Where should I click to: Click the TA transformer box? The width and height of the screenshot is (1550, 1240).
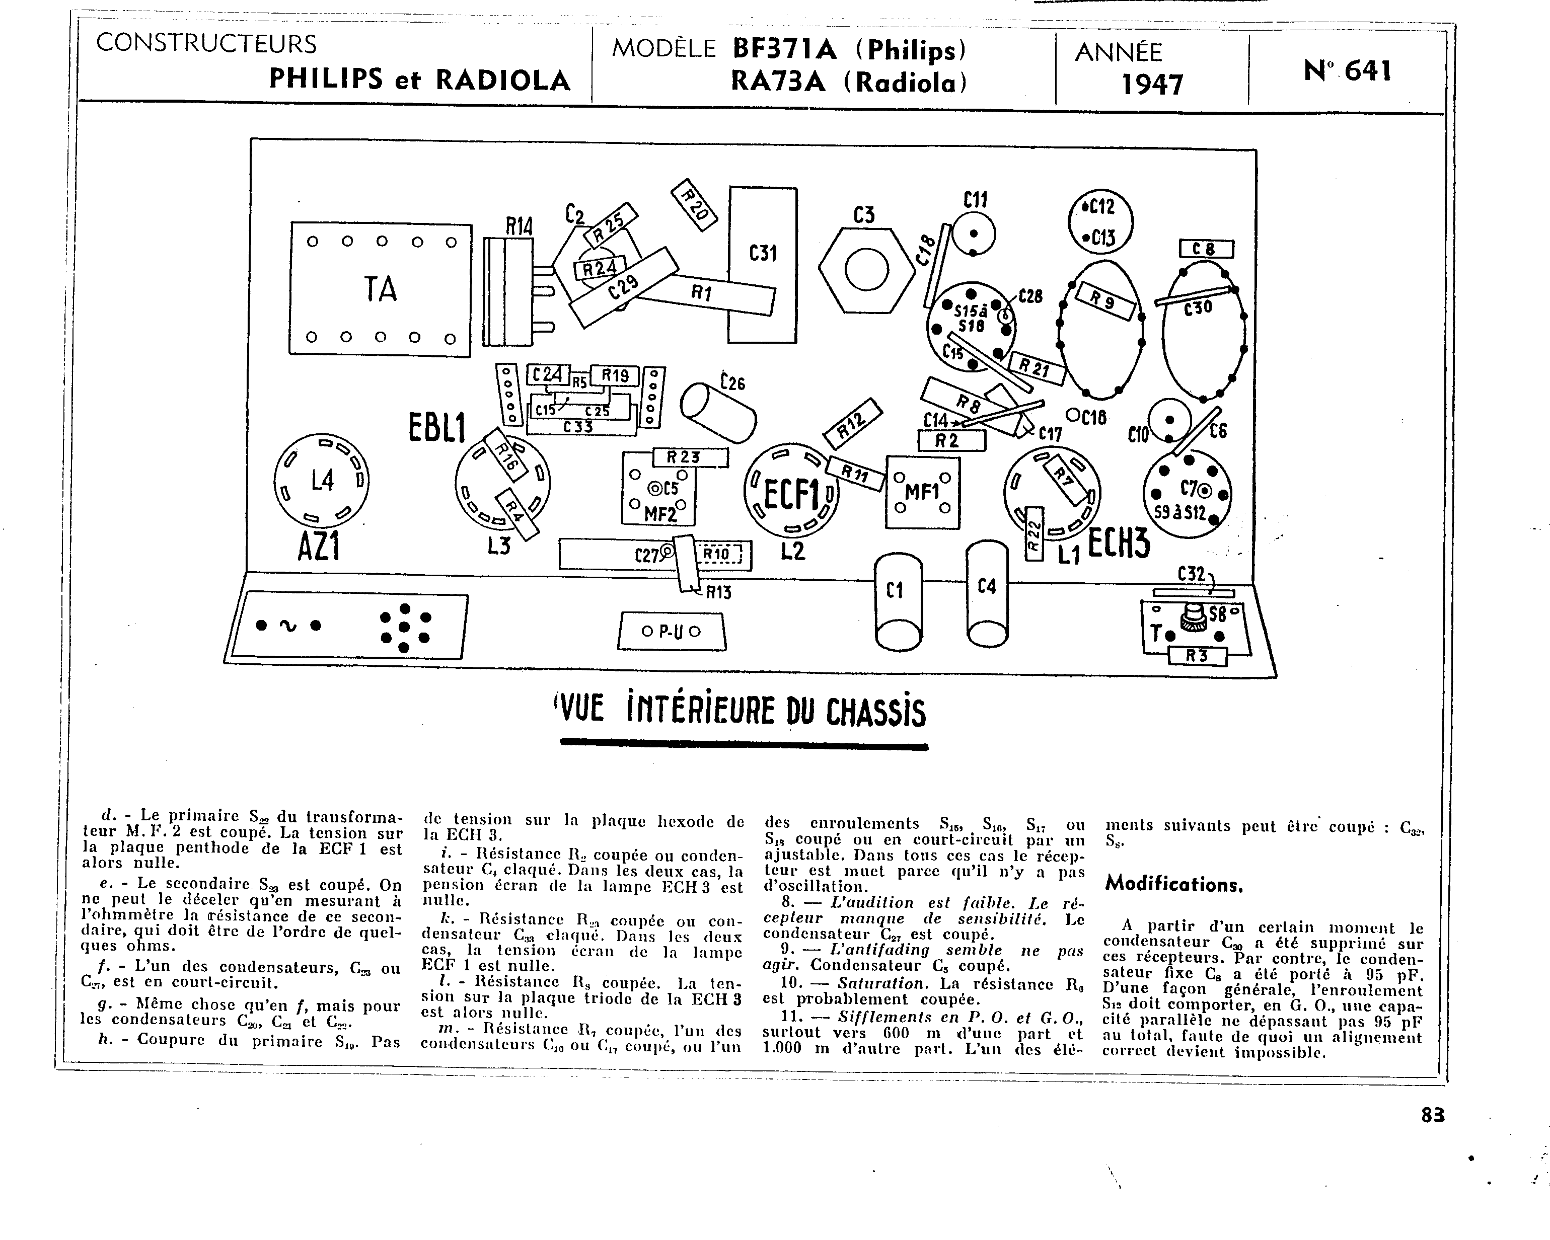point(380,289)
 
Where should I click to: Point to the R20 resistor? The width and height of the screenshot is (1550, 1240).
point(694,204)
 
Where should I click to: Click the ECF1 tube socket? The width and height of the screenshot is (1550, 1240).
point(791,492)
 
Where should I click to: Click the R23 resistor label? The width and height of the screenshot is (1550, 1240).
point(690,457)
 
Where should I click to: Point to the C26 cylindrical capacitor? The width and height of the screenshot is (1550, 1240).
point(717,412)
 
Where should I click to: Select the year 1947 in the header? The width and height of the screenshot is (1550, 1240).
point(1152,85)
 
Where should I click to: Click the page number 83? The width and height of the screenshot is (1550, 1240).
point(1432,1114)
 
